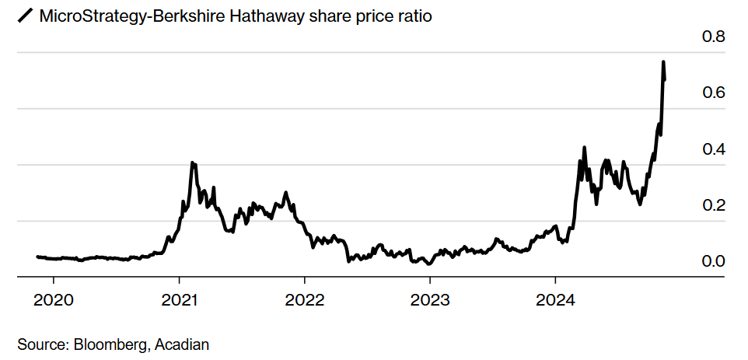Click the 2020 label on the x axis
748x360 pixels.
pyautogui.click(x=54, y=299)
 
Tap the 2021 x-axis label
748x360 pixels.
pyautogui.click(x=179, y=299)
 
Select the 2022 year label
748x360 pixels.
pyautogui.click(x=305, y=299)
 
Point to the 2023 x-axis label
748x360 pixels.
pyautogui.click(x=430, y=299)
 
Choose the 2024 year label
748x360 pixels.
pyautogui.click(x=555, y=299)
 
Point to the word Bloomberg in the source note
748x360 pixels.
pyautogui.click(x=111, y=344)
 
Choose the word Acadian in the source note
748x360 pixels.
pyautogui.click(x=182, y=344)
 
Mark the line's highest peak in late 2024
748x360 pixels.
pyautogui.click(x=663, y=61)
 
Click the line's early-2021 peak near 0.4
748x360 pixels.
pyautogui.click(x=193, y=163)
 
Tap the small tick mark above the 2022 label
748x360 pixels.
pyautogui.click(x=305, y=281)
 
